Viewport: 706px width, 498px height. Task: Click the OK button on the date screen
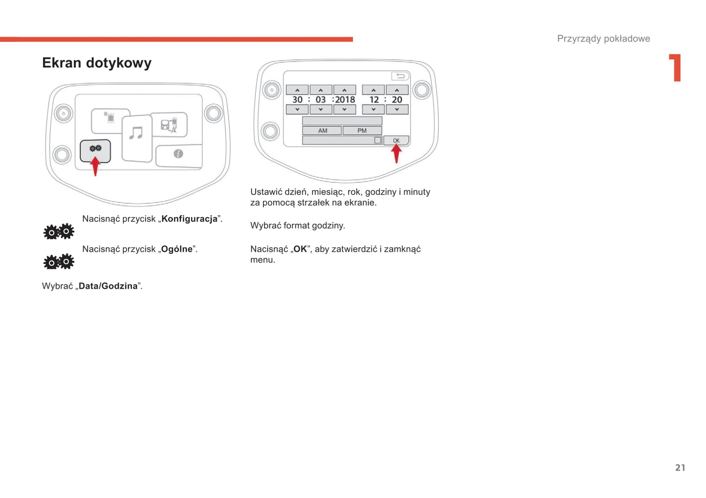396,140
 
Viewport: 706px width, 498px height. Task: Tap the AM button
322,130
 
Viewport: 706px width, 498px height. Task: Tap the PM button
362,130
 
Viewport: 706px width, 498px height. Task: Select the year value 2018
345,100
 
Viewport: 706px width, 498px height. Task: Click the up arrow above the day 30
297,90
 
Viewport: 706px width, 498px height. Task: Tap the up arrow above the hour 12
373,90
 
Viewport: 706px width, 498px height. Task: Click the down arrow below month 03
321,109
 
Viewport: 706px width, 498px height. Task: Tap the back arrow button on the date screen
400,76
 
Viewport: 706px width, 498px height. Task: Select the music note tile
137,138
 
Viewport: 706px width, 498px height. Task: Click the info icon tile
179,156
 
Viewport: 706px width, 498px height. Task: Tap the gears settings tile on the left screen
95,151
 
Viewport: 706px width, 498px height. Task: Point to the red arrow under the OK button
396,153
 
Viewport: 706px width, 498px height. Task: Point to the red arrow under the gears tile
95,166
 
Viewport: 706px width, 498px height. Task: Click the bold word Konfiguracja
190,219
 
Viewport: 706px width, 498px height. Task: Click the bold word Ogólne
177,249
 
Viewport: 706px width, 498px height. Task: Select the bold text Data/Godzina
108,286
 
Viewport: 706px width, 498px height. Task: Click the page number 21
680,468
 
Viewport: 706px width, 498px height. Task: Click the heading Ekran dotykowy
97,63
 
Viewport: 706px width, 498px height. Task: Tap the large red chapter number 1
676,68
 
